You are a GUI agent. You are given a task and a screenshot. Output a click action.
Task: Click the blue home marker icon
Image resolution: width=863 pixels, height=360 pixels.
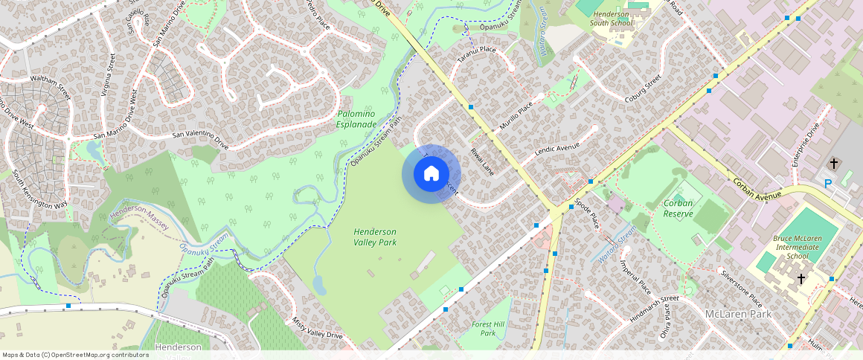click(431, 174)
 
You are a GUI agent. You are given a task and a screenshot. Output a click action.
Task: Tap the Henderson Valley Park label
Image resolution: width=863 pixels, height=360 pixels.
click(375, 237)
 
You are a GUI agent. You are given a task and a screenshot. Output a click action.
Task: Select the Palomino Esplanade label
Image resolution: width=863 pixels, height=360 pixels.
click(356, 119)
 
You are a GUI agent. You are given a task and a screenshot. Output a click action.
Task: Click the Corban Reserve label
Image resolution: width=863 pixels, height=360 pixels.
click(678, 208)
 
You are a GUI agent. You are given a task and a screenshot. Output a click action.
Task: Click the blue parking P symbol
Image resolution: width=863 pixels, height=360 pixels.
click(827, 184)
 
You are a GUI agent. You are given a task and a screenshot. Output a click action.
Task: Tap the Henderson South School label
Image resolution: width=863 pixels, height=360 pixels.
click(611, 19)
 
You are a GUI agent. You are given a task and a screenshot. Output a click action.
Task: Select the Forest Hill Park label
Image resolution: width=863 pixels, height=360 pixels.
click(488, 328)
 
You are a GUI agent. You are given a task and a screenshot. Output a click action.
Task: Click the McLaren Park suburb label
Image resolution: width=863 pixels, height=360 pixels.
click(738, 314)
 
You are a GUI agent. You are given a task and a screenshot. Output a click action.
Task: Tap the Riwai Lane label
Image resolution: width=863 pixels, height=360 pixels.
click(481, 161)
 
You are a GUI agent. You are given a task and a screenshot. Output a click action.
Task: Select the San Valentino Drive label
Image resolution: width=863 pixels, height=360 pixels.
click(200, 137)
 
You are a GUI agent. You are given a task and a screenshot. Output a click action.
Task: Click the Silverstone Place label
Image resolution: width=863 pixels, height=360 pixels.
click(741, 289)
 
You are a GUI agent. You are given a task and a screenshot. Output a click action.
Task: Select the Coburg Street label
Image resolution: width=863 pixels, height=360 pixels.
click(643, 89)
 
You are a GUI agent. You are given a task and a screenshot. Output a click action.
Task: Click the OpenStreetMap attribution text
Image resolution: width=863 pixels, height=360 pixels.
click(75, 355)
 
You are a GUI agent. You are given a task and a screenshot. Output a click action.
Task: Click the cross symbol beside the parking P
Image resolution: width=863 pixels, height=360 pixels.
click(834, 162)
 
